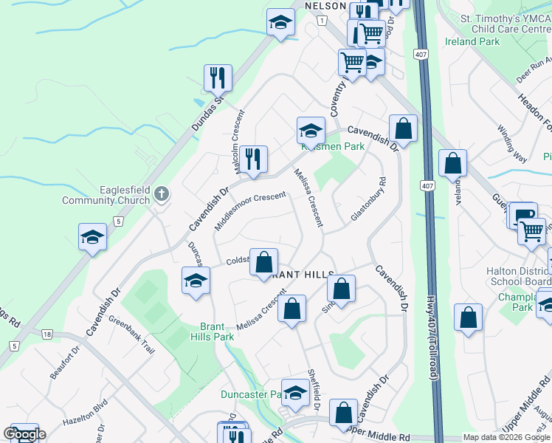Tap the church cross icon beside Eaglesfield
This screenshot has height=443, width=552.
162,195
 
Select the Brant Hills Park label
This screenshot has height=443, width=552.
217,332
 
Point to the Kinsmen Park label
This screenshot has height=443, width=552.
333,147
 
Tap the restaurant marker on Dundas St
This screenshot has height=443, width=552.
218,77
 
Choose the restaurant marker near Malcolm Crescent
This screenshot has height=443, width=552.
253,158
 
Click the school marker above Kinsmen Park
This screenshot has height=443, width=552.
311,131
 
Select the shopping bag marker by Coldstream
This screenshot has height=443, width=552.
263,262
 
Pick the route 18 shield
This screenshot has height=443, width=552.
47,334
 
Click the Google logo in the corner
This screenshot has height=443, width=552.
24,434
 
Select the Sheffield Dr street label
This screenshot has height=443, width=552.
313,392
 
